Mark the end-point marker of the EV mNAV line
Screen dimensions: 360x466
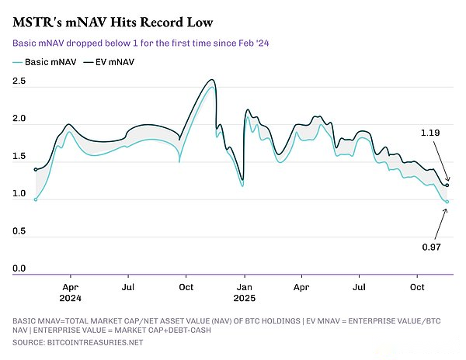[447, 185]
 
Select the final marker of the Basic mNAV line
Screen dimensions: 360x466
[447, 202]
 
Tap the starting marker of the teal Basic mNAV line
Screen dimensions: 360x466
[36, 199]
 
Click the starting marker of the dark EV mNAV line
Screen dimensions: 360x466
[36, 169]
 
